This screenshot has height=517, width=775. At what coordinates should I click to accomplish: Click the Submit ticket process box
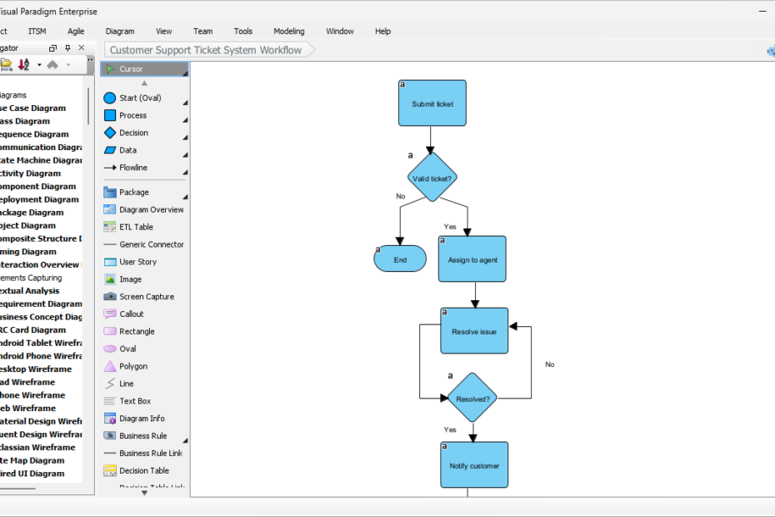pyautogui.click(x=432, y=103)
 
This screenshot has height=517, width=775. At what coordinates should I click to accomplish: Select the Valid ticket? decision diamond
pyautogui.click(x=432, y=178)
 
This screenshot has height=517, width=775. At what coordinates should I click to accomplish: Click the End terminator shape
pyautogui.click(x=400, y=259)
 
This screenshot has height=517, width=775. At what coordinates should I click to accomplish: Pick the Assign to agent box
pyautogui.click(x=472, y=259)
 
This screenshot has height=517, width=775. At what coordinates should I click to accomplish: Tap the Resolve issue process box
pyautogui.click(x=473, y=331)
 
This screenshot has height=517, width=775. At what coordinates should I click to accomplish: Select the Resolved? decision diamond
pyautogui.click(x=472, y=399)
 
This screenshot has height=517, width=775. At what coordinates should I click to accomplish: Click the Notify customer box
pyautogui.click(x=473, y=465)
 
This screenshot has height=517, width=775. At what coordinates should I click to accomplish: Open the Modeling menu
pyautogui.click(x=289, y=31)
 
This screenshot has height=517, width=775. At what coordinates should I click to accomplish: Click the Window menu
pyautogui.click(x=339, y=31)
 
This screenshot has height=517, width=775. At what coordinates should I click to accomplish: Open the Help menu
pyautogui.click(x=382, y=31)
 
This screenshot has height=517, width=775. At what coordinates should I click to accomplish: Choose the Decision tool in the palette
pyautogui.click(x=133, y=133)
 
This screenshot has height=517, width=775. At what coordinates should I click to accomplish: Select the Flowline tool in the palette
pyautogui.click(x=132, y=168)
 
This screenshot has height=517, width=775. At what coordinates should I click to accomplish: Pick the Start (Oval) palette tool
pyautogui.click(x=139, y=98)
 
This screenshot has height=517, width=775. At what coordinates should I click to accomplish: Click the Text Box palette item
pyautogui.click(x=135, y=401)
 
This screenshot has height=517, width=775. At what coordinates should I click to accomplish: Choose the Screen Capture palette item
pyautogui.click(x=146, y=297)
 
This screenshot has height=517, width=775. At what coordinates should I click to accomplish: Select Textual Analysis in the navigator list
pyautogui.click(x=29, y=291)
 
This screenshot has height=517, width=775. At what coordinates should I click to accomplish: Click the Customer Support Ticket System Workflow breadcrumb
pyautogui.click(x=206, y=50)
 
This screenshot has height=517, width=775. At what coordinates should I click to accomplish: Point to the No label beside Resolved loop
pyautogui.click(x=549, y=364)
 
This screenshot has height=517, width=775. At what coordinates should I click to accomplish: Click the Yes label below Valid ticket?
pyautogui.click(x=450, y=226)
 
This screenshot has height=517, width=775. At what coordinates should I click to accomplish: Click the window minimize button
pyautogui.click(x=762, y=12)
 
